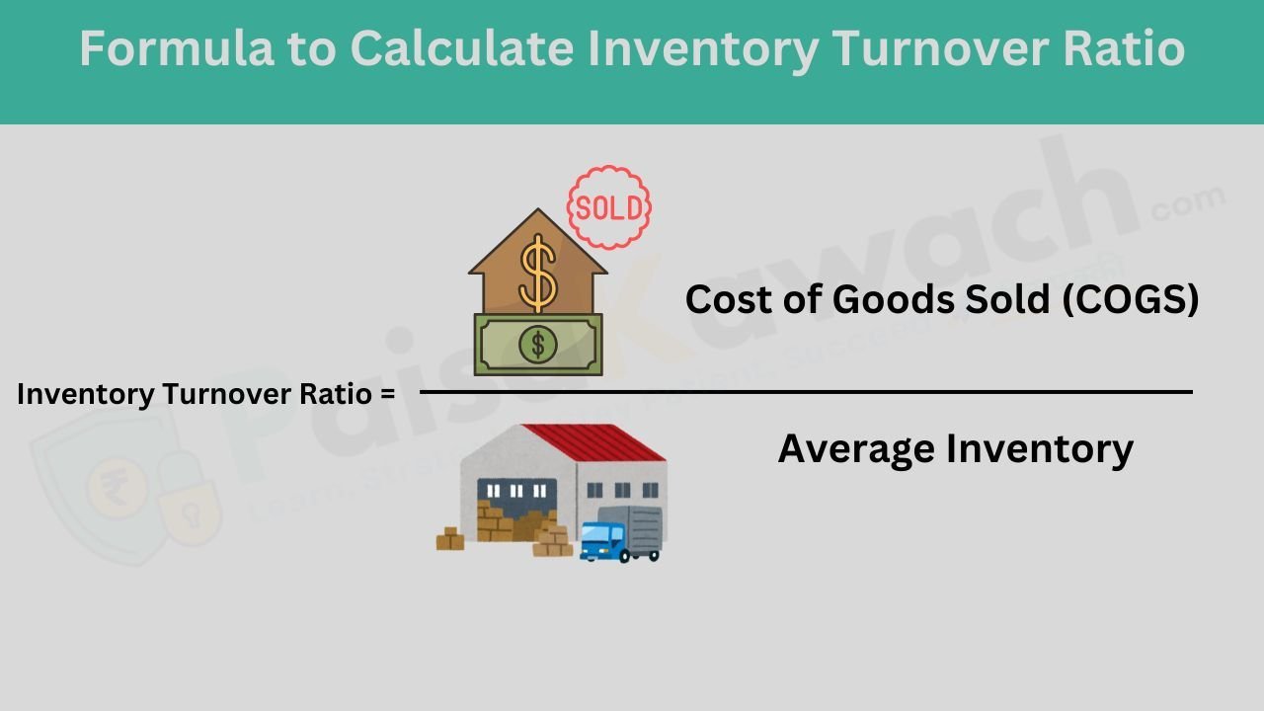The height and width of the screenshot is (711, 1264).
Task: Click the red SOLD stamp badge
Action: [x=609, y=207]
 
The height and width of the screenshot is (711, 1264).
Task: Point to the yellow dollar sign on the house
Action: [x=538, y=272]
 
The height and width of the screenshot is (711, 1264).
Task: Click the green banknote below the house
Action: [x=538, y=344]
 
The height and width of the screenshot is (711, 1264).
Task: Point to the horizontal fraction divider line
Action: [x=805, y=392]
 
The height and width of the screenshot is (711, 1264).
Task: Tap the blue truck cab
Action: [x=601, y=540]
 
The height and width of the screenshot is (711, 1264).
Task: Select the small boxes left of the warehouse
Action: [x=450, y=539]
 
